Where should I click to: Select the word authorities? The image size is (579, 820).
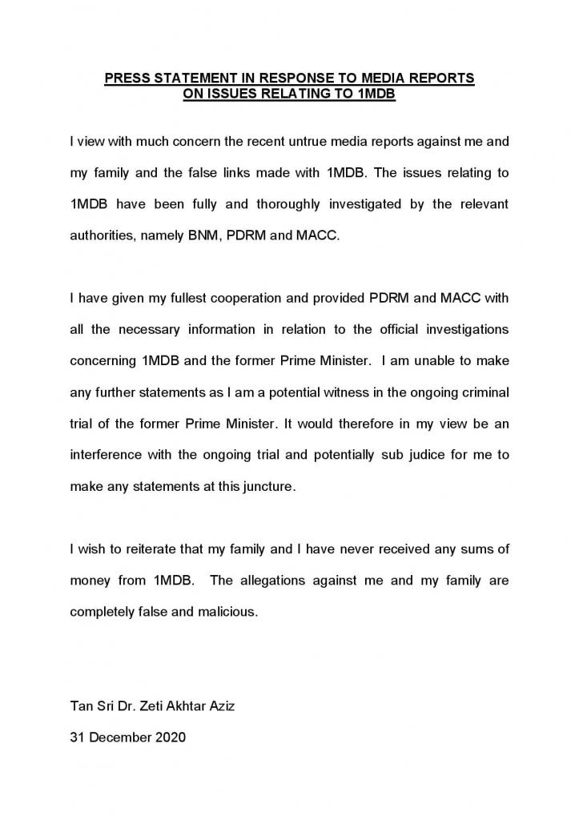99,235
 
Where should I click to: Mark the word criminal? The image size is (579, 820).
485,392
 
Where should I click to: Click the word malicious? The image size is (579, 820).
229,612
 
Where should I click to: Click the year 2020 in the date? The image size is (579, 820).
170,737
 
